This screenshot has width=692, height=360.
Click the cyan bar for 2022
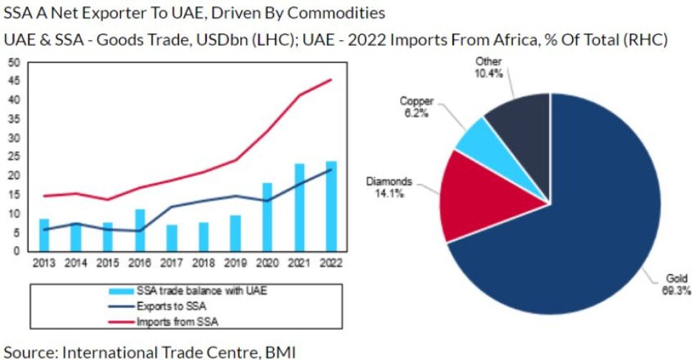tap(331, 208)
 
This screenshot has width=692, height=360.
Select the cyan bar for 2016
tap(140, 230)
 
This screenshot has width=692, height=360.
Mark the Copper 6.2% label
tap(416, 108)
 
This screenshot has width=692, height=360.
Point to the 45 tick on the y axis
tap(14, 80)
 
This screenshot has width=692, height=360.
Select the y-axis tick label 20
tap(14, 175)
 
